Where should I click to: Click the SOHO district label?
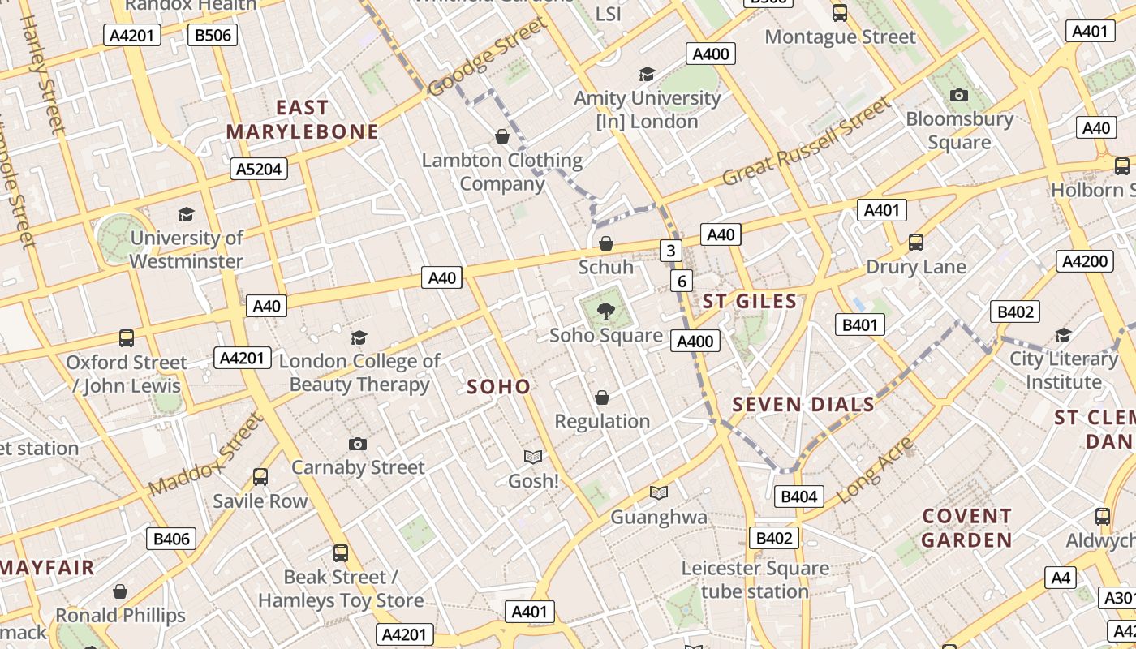pyautogui.click(x=498, y=387)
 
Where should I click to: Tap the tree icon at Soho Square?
pyautogui.click(x=605, y=310)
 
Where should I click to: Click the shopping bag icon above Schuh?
pyautogui.click(x=605, y=243)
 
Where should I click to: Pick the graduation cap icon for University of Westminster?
pyautogui.click(x=186, y=214)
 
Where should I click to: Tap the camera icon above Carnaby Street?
pyautogui.click(x=357, y=444)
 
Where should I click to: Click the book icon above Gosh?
pyautogui.click(x=533, y=458)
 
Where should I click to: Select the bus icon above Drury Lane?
pyautogui.click(x=915, y=243)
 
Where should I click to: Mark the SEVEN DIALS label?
pyautogui.click(x=803, y=404)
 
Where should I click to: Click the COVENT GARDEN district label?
pyautogui.click(x=966, y=527)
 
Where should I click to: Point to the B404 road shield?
pyautogui.click(x=798, y=496)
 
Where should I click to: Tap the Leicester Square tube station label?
pyautogui.click(x=755, y=579)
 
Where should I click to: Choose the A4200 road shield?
pyautogui.click(x=1084, y=261)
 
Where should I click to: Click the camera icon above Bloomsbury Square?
pyautogui.click(x=958, y=96)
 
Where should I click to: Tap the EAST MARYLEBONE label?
pyautogui.click(x=302, y=119)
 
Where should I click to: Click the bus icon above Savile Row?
pyautogui.click(x=260, y=477)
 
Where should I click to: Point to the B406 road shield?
pyautogui.click(x=171, y=539)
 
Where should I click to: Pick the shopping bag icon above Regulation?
pyautogui.click(x=602, y=398)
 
